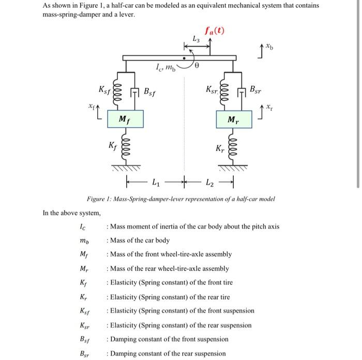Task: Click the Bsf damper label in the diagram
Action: click(x=149, y=93)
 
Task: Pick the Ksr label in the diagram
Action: click(x=212, y=88)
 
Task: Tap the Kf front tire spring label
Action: click(x=112, y=146)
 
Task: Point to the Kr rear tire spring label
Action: click(x=220, y=149)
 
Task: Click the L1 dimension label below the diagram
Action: click(x=156, y=182)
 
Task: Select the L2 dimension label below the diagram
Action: click(x=209, y=182)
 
